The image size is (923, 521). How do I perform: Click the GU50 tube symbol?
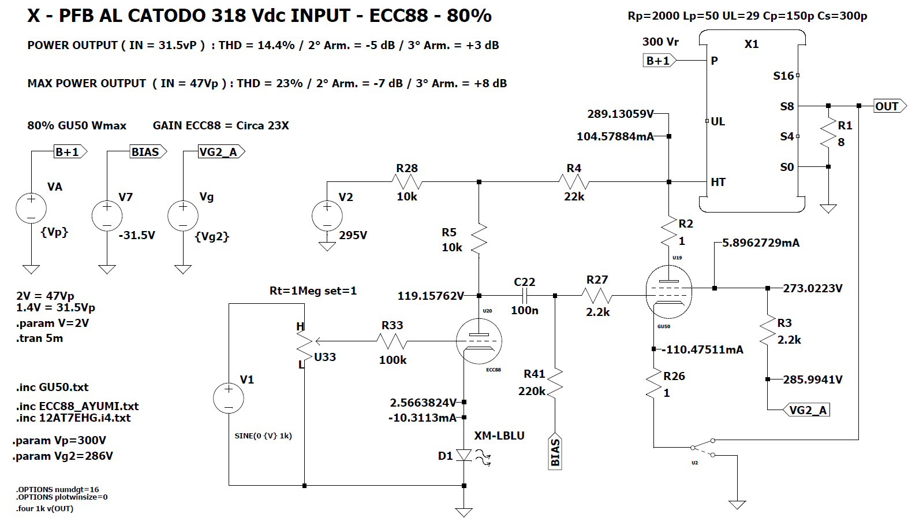(668, 292)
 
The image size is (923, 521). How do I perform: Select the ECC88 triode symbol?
(479, 341)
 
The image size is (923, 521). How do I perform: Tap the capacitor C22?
(525, 296)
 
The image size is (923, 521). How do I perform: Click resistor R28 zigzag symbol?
(407, 182)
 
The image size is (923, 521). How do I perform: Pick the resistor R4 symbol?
(574, 182)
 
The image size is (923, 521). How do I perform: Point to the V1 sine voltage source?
(229, 398)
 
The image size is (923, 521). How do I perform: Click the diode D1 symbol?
(464, 455)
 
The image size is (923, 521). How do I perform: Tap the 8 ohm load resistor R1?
(828, 134)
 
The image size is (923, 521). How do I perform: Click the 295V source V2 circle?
(327, 215)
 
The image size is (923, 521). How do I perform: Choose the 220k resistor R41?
(555, 382)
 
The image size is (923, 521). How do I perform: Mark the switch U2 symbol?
(703, 447)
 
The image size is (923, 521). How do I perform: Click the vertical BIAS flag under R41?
(555, 452)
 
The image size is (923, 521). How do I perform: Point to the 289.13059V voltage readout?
(620, 114)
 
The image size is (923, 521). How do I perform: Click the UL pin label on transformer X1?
(718, 121)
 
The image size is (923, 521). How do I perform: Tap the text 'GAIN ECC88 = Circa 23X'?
(221, 125)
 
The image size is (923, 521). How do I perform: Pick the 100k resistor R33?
(393, 341)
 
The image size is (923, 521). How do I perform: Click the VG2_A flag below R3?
(806, 410)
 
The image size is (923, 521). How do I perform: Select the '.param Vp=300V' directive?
(59, 440)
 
